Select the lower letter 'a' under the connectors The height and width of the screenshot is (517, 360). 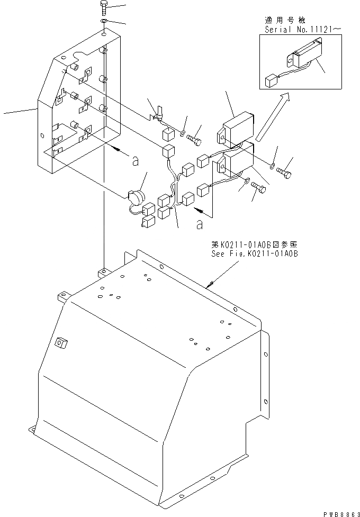pyautogui.click(x=199, y=225)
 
